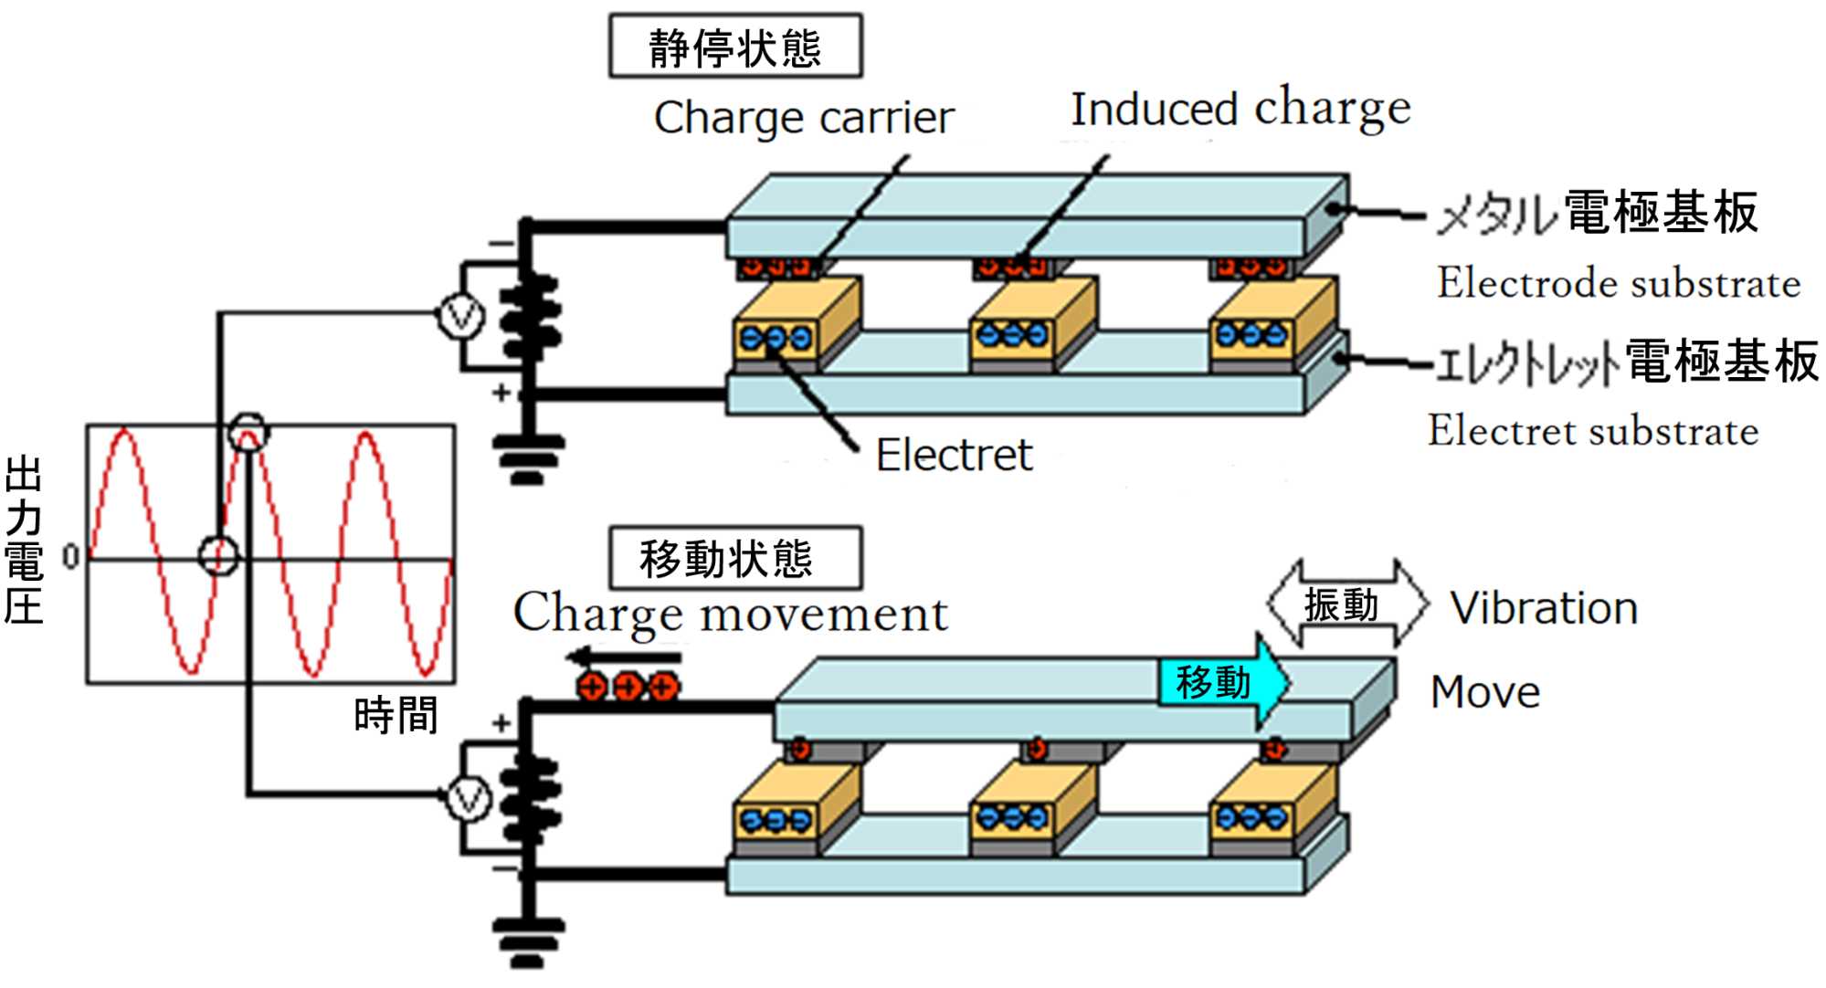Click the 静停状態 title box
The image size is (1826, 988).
[735, 47]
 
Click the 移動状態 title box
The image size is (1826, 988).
[735, 558]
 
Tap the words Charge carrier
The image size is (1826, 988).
[804, 119]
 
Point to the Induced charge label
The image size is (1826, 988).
[1240, 109]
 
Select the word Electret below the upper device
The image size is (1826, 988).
[954, 455]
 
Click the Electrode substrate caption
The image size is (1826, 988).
[1619, 283]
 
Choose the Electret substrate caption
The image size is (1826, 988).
[1593, 431]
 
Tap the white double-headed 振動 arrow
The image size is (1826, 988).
[1347, 604]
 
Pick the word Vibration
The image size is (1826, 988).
[1544, 608]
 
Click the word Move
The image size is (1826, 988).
[1485, 692]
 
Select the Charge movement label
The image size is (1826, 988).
[731, 613]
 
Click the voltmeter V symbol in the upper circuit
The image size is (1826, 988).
[460, 317]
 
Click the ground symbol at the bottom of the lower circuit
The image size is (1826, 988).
[528, 941]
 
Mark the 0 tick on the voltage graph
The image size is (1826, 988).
[70, 556]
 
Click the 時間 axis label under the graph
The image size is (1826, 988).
[396, 714]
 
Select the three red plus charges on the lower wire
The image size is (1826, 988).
[628, 686]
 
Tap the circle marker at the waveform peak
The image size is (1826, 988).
[248, 432]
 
